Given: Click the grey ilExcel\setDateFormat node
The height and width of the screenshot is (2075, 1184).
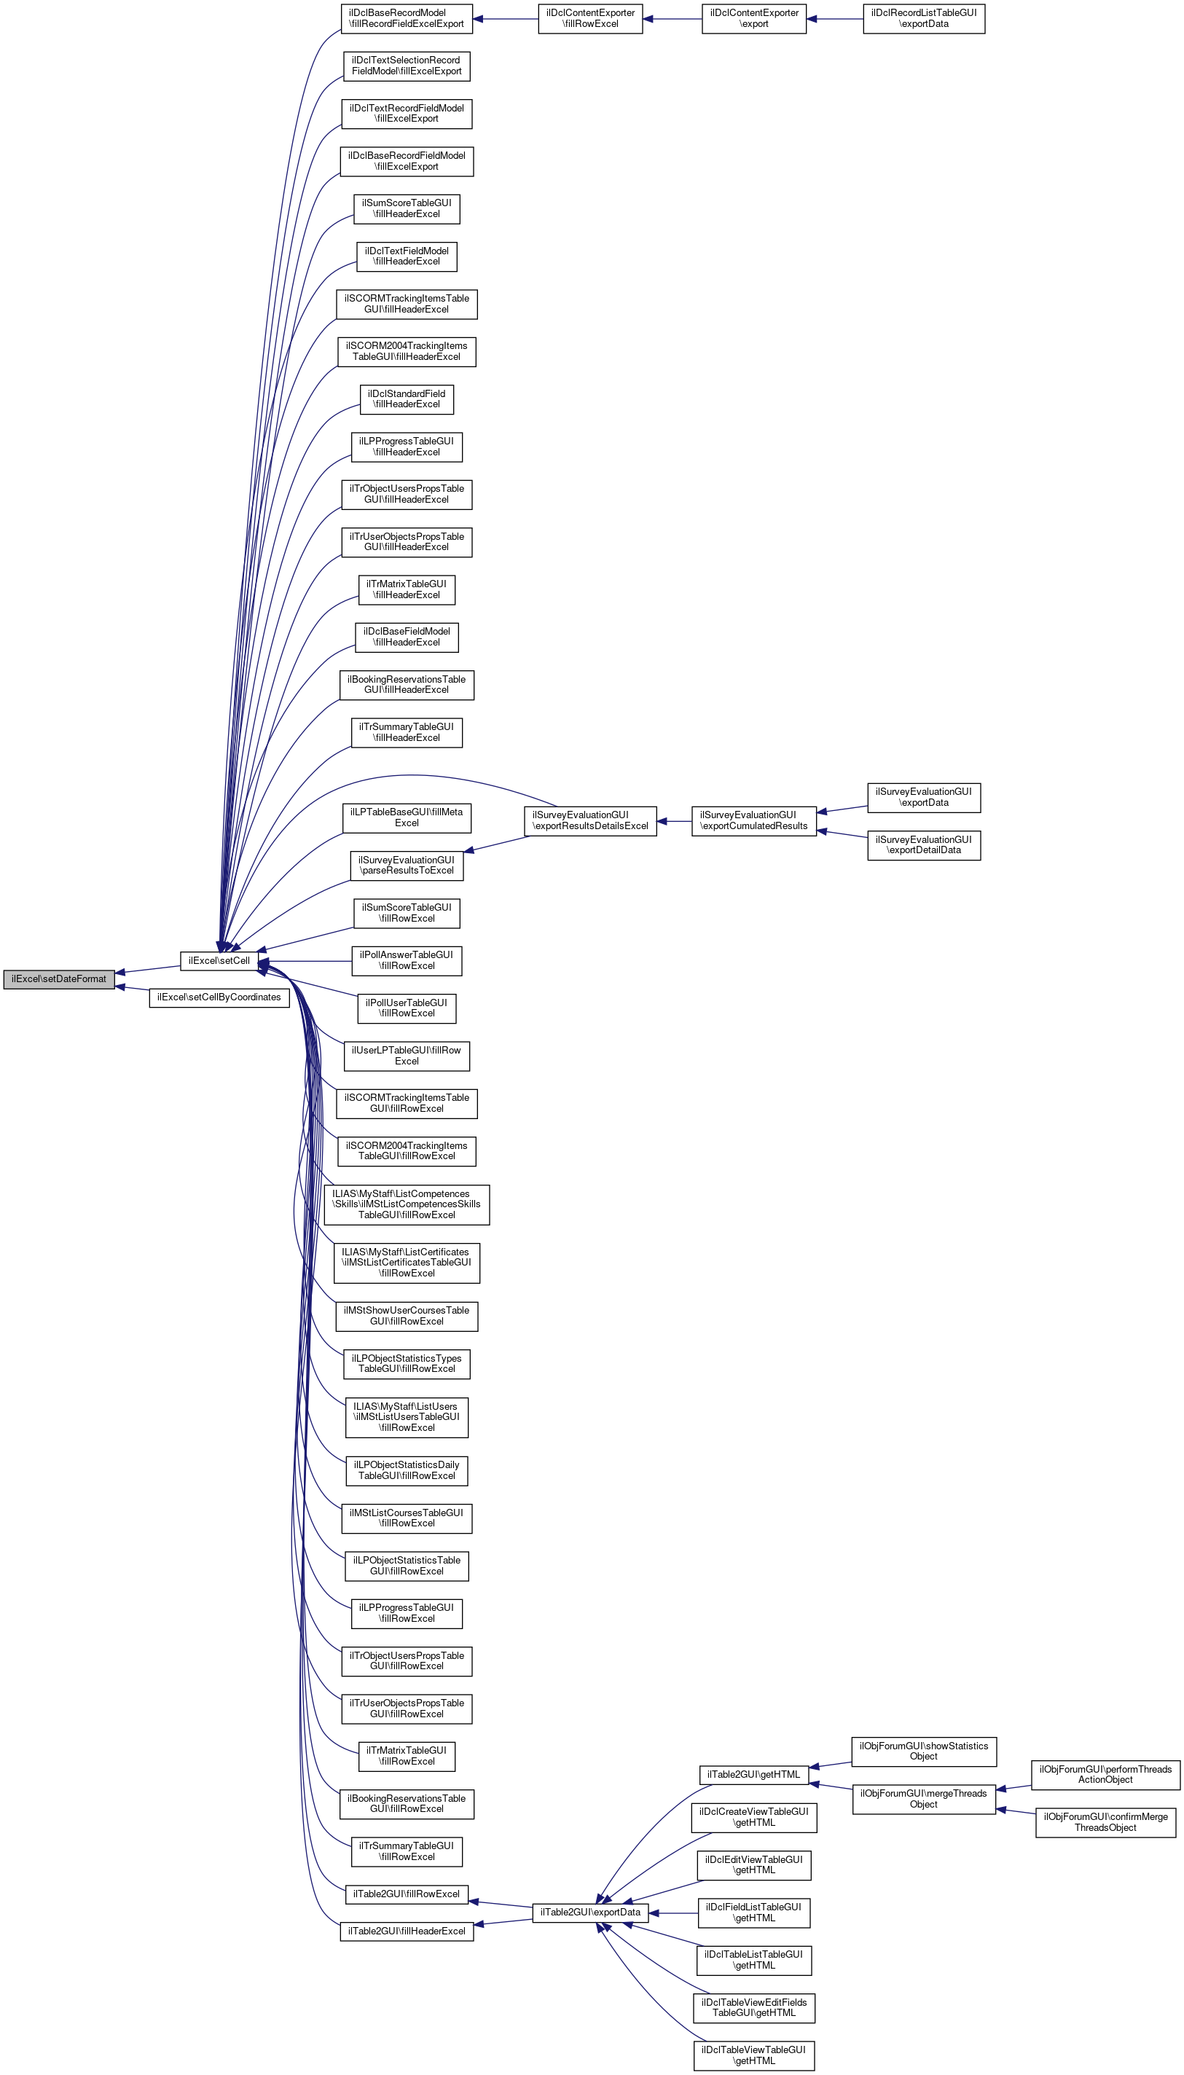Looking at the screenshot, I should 58,979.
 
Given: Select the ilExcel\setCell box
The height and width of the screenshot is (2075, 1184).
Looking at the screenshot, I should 219,960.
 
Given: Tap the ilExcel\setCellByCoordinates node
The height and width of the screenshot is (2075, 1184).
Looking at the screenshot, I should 219,997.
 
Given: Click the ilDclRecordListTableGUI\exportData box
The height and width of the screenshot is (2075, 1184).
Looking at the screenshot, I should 923,19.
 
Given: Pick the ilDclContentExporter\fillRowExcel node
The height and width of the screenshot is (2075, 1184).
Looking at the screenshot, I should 589,19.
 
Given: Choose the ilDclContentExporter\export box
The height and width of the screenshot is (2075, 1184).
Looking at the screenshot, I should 754,19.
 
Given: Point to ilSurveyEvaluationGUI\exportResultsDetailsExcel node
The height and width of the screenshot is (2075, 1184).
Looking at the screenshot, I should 589,820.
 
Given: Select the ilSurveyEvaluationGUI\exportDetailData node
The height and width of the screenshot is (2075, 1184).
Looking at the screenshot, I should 923,845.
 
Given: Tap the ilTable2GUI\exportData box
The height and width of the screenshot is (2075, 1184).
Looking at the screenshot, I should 589,1913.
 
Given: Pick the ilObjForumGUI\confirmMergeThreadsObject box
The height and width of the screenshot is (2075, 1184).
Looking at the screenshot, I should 1105,1822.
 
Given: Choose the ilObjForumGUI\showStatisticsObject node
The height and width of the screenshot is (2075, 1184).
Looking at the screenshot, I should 923,1752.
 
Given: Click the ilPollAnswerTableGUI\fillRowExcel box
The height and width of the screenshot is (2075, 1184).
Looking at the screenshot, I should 406,960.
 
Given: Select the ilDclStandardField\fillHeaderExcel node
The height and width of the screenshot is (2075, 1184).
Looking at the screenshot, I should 406,399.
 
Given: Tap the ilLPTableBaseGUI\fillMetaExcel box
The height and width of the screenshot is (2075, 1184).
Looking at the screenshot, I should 406,817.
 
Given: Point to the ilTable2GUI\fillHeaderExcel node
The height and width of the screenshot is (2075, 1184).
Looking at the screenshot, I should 406,1931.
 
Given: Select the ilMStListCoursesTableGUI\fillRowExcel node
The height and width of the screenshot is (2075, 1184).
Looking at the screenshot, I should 406,1518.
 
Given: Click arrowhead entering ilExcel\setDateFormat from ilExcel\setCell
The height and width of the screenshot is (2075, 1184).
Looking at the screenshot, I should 120,973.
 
